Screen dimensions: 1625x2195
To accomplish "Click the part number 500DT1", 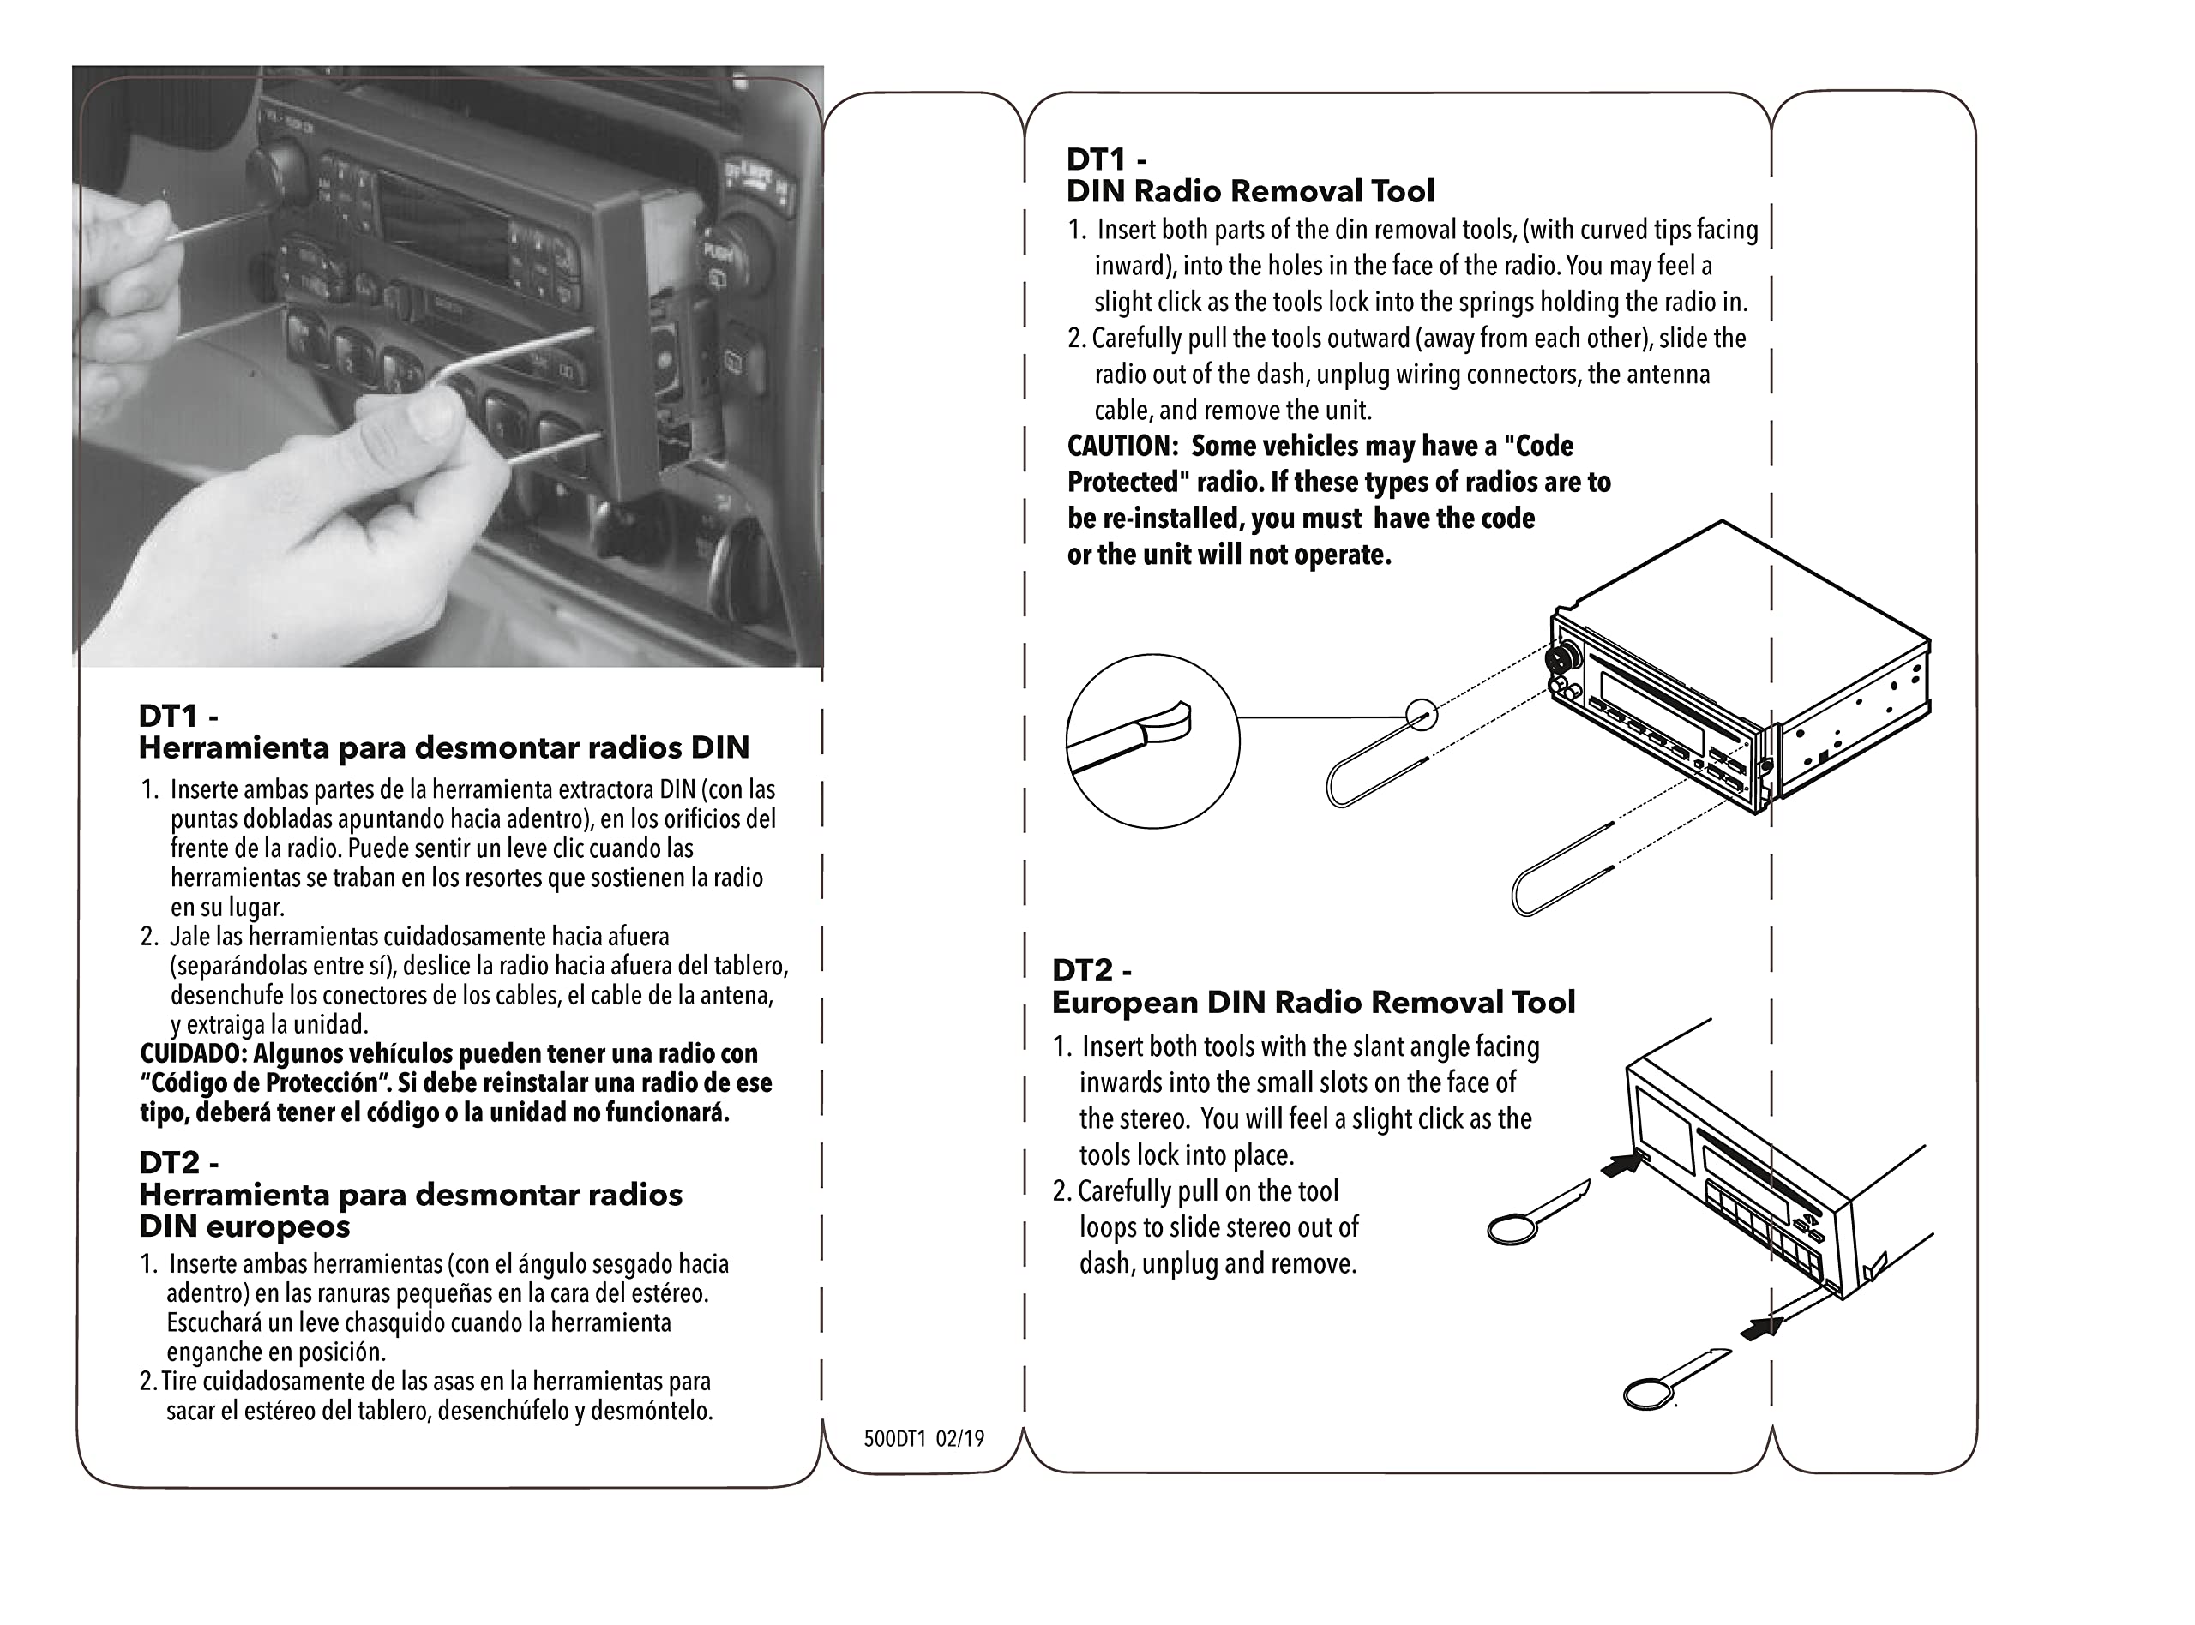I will [x=894, y=1439].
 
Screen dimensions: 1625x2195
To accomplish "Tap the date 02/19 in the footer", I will [x=959, y=1439].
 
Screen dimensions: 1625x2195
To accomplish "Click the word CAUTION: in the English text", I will [x=1122, y=447].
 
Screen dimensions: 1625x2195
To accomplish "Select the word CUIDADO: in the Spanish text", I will [x=194, y=1054].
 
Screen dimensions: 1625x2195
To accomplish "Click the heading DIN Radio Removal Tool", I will [x=1249, y=191].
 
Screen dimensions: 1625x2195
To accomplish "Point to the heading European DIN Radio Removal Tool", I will [x=1313, y=1003].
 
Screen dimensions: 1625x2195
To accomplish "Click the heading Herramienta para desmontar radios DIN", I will [x=444, y=747].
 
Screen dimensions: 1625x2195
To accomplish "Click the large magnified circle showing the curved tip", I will [x=1152, y=741].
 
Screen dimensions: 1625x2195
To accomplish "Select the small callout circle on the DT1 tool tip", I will [x=1421, y=714].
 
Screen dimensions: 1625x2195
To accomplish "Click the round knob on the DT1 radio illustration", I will [x=1561, y=657].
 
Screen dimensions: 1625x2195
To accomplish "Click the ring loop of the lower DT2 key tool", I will [x=1648, y=1393].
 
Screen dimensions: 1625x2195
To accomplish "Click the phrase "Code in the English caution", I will [x=1539, y=447].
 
